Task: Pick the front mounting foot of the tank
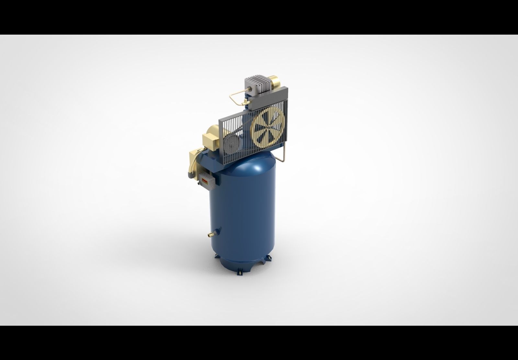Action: click(240, 272)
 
